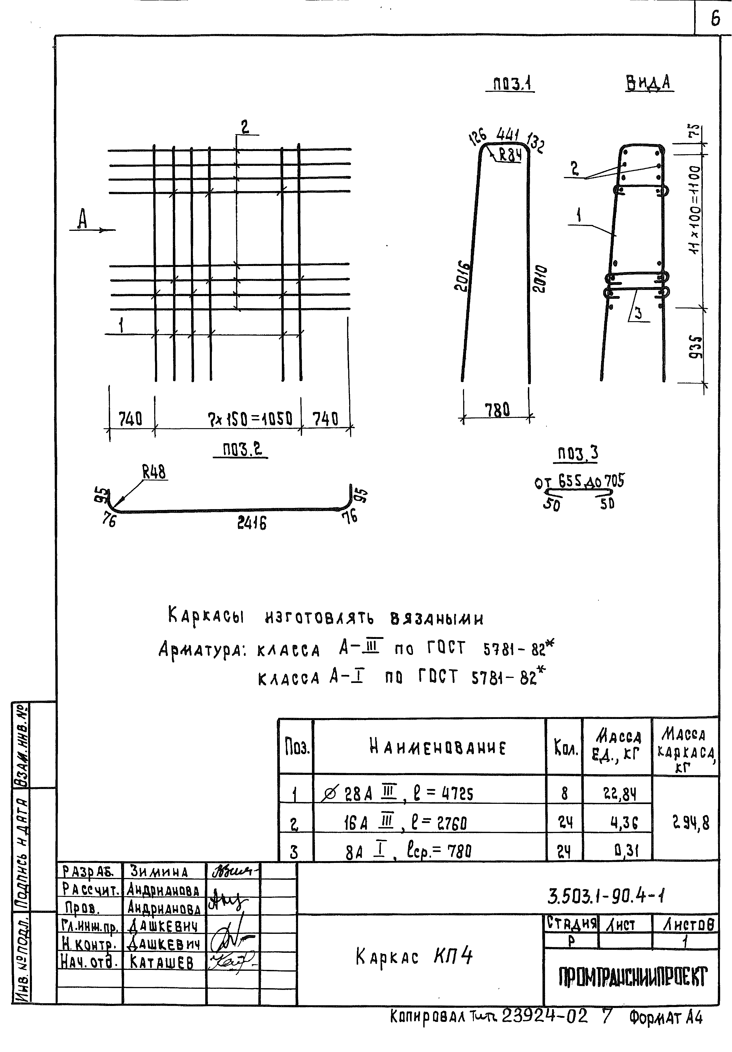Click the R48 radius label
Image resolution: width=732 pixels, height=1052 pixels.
pyautogui.click(x=154, y=472)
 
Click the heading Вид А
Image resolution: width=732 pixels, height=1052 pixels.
pyautogui.click(x=649, y=83)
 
